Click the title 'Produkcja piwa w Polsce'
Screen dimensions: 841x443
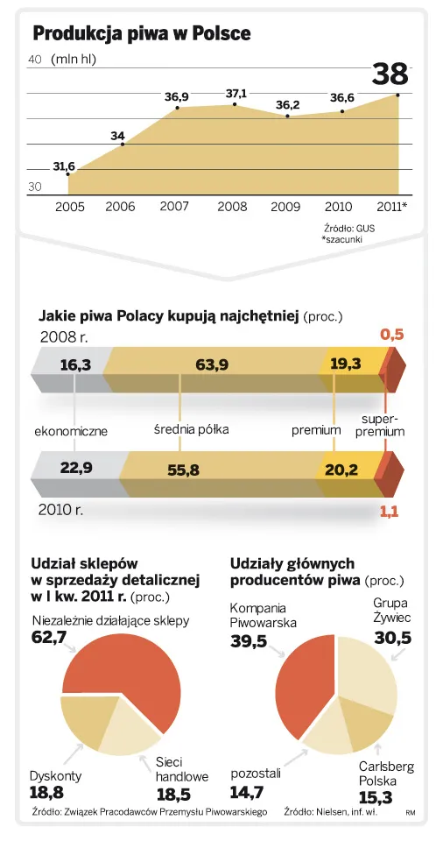(x=142, y=33)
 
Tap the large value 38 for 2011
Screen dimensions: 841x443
(x=390, y=74)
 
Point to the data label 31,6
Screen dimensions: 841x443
(x=64, y=166)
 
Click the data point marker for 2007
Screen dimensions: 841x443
(x=178, y=108)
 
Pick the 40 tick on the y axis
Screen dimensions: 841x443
(x=36, y=60)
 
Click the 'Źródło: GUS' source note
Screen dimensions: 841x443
(x=348, y=228)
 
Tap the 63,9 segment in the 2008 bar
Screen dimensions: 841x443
(x=213, y=364)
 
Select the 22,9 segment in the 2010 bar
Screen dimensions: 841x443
(x=77, y=468)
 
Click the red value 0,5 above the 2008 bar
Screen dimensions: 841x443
(x=391, y=334)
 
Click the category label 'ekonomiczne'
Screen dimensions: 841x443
(x=71, y=431)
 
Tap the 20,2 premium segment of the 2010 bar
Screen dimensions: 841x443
(x=341, y=470)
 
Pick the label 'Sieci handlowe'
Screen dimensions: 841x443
(x=182, y=769)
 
